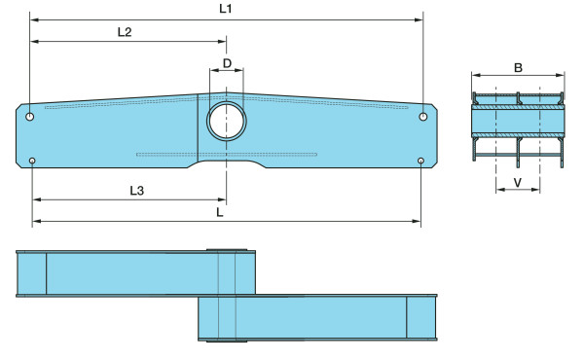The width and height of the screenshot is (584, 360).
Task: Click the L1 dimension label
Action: [226, 9]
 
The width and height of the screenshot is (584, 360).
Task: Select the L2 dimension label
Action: [125, 32]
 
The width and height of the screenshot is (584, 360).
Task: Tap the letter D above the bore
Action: [227, 63]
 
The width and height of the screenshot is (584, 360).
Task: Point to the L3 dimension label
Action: [136, 191]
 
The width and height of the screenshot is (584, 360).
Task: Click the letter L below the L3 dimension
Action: [220, 212]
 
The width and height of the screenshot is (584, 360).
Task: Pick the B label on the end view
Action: [518, 68]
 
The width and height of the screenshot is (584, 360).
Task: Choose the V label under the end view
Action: [518, 182]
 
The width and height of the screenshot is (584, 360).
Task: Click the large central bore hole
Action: [227, 121]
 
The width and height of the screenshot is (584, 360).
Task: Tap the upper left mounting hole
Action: [30, 117]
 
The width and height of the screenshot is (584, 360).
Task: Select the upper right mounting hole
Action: [423, 117]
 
